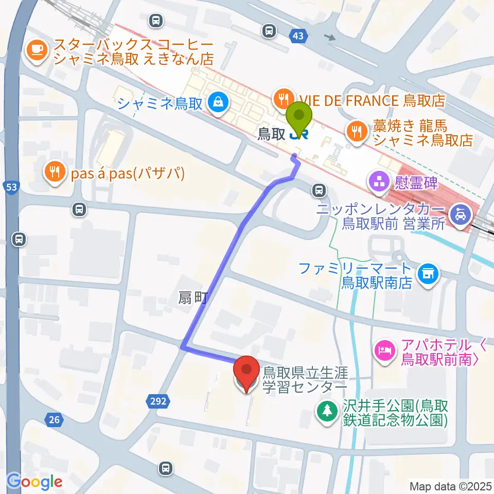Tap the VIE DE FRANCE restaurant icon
(x=284, y=97)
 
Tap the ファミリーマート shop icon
(x=427, y=273)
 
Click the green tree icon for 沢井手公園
(x=326, y=410)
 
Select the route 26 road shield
(x=54, y=420)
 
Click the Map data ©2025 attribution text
(x=450, y=486)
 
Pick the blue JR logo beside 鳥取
(x=300, y=135)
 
